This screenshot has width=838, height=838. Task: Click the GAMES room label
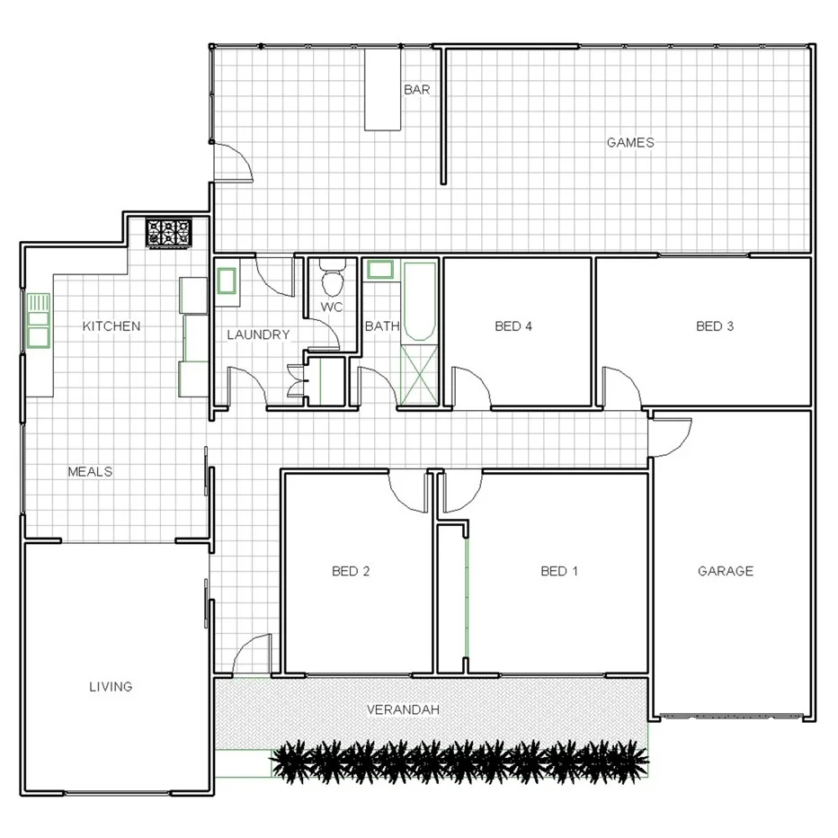tap(630, 142)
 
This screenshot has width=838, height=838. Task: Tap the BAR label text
tap(416, 90)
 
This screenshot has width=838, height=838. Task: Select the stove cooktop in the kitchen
tap(170, 233)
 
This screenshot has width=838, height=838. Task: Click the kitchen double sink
tap(38, 321)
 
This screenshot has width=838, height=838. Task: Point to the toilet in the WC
tap(332, 280)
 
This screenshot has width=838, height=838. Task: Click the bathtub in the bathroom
tap(417, 301)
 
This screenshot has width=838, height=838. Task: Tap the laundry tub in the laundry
tap(227, 280)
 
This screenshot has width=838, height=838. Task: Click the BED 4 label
tap(513, 326)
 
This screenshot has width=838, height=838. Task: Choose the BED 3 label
tap(715, 326)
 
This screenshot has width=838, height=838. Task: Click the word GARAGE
tap(726, 571)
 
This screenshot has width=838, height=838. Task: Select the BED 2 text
tap(351, 571)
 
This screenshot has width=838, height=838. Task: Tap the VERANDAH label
tap(403, 709)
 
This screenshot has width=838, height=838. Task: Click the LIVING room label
tap(111, 686)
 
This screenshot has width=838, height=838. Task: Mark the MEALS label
tap(90, 471)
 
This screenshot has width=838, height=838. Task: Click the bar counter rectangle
tap(381, 90)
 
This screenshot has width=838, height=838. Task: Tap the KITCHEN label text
tap(111, 325)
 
